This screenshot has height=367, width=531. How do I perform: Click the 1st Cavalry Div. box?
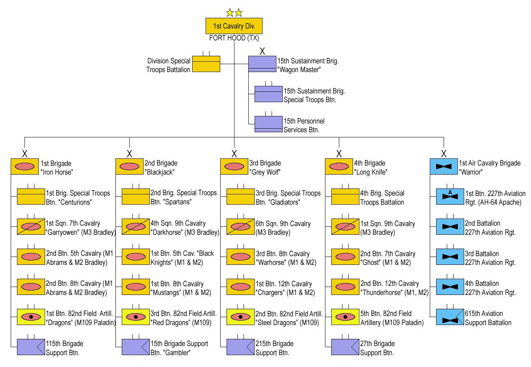[x=234, y=26]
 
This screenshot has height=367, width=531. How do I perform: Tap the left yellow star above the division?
[x=230, y=13]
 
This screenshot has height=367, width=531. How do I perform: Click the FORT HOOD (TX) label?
[x=234, y=38]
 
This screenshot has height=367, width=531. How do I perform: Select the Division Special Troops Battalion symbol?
[x=206, y=64]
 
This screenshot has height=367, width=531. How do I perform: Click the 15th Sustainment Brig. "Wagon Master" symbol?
[x=262, y=64]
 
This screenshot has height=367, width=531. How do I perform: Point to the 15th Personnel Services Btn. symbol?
[x=268, y=124]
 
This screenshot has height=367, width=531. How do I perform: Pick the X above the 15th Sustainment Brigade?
[x=262, y=51]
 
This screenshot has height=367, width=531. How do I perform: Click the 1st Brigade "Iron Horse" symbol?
[x=25, y=167]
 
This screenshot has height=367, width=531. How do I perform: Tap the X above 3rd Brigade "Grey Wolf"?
[x=234, y=154]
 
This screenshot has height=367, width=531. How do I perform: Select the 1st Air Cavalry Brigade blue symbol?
[x=444, y=167]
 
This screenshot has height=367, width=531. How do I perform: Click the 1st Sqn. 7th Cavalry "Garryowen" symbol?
[x=30, y=227]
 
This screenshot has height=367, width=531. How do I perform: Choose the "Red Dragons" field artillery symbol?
[x=135, y=317]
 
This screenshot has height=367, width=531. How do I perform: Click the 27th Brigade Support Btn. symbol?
[x=345, y=347]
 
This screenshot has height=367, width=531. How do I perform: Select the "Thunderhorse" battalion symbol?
[x=345, y=287]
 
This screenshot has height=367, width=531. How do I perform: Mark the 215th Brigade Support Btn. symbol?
[x=240, y=347]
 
